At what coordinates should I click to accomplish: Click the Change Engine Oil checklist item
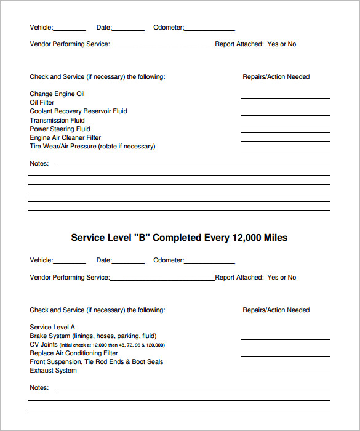point(57,94)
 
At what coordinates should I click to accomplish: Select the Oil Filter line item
point(42,103)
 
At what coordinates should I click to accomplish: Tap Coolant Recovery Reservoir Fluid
point(78,111)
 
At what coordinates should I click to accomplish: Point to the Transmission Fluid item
point(57,121)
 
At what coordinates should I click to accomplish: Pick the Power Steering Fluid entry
point(60,129)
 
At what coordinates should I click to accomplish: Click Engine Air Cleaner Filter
point(65,138)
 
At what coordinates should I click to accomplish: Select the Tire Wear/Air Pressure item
point(92,147)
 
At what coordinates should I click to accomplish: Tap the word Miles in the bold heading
point(276,238)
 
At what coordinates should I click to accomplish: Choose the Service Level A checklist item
point(52,328)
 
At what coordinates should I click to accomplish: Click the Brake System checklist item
point(93,336)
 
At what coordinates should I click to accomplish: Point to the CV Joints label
point(44,345)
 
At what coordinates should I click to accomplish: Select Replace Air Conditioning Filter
point(74,353)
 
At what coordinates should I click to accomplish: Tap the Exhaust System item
point(54,371)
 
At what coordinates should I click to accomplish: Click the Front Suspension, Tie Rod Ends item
point(97,362)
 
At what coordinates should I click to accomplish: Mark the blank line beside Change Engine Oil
point(285,97)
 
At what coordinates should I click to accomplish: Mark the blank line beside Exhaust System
point(285,374)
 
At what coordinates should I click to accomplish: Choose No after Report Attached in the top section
point(292,44)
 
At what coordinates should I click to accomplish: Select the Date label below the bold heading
point(104,260)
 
